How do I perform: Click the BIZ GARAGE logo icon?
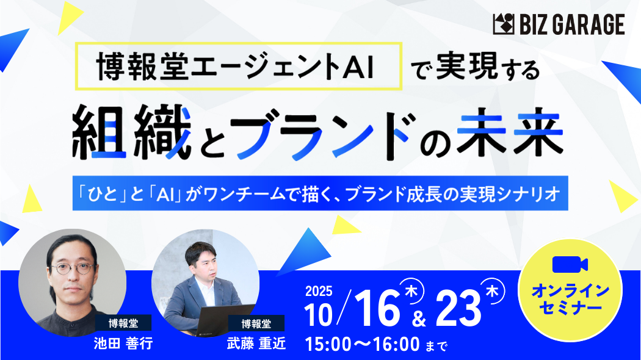[x=504, y=24]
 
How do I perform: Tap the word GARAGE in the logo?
[x=589, y=24]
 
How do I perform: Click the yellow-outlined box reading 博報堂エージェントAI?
[x=239, y=66]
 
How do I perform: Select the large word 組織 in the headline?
[x=132, y=132]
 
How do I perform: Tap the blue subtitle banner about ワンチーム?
[x=320, y=193]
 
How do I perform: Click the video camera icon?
[x=570, y=264]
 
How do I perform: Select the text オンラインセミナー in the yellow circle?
[x=570, y=300]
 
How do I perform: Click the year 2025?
[x=319, y=291]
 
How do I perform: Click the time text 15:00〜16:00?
[x=362, y=345]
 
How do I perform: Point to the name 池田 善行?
[x=123, y=344]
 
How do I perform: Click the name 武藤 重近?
[x=256, y=344]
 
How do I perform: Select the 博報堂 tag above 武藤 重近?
[x=256, y=323]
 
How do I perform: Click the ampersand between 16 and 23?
[x=418, y=319]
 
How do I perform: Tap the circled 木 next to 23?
[x=492, y=291]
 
